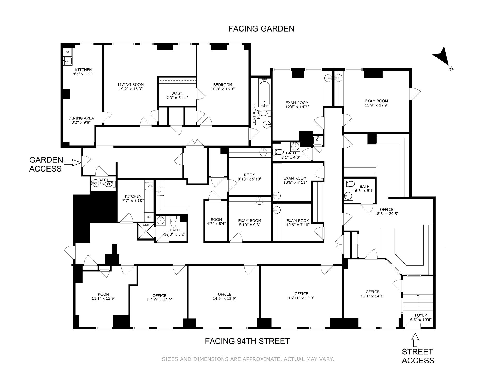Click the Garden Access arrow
[x=72, y=163]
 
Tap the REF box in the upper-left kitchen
[x=67, y=52]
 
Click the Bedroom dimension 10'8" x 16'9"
[x=222, y=89]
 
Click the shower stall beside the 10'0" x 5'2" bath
[x=145, y=231]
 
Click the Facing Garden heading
[x=261, y=29]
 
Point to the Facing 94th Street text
[x=247, y=341]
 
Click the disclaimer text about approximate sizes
[x=248, y=359]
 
